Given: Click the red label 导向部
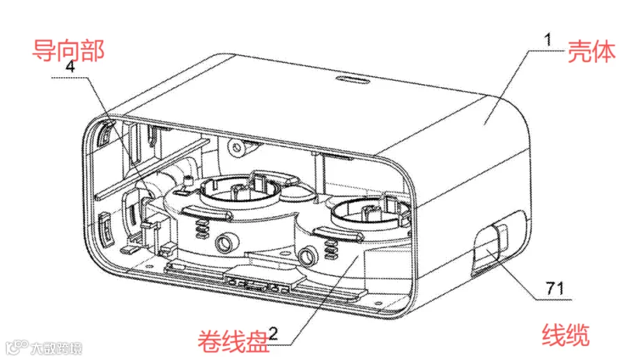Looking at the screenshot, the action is click(68, 50).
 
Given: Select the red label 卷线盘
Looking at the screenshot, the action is click(233, 341).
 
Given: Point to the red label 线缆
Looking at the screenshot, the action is click(566, 335).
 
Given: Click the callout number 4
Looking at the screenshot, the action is click(70, 66).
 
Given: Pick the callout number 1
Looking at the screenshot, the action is click(548, 40).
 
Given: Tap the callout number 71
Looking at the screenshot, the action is click(555, 288).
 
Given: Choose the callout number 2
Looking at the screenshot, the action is click(273, 333).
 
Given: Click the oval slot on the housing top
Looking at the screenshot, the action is click(352, 79).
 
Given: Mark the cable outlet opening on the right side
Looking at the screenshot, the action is click(488, 250).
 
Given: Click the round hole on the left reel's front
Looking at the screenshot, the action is click(226, 242).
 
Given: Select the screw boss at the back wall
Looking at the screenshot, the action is click(236, 148).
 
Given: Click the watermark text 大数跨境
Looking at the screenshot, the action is click(56, 348).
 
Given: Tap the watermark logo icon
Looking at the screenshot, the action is click(17, 347).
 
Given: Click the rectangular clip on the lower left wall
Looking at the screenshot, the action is click(106, 228).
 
